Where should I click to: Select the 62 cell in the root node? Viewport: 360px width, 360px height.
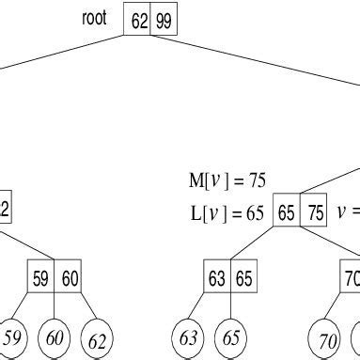[x=139, y=22]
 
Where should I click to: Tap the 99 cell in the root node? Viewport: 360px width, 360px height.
[x=164, y=22]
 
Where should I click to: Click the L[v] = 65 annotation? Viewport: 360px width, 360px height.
[x=227, y=212]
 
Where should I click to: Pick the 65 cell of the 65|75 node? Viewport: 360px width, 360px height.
[x=287, y=213]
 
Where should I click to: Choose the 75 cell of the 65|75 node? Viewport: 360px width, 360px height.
[x=313, y=213]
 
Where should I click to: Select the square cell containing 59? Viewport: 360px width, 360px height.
[x=40, y=278]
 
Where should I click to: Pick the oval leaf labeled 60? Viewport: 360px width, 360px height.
[x=55, y=337]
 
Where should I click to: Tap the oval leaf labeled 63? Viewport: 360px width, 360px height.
[x=190, y=337]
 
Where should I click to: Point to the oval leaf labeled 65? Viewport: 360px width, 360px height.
[x=230, y=337]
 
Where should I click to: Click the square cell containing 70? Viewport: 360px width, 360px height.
[x=350, y=278]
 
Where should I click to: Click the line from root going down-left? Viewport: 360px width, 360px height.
[x=61, y=52]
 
